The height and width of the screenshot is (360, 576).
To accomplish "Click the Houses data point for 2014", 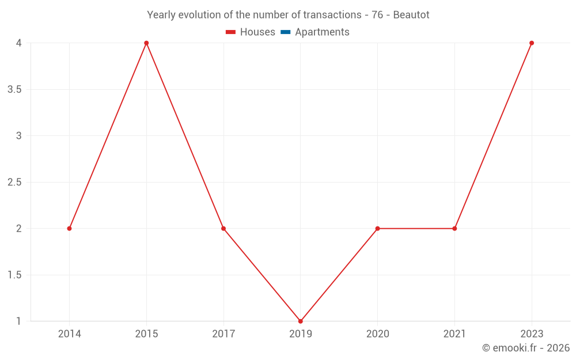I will [x=69, y=229].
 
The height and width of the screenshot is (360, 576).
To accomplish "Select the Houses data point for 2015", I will [x=146, y=43].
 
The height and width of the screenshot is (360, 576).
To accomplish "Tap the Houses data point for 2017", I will [x=223, y=229].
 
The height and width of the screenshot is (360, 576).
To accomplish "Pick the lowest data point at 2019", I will [x=301, y=321].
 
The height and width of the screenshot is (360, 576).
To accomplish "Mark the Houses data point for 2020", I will [x=377, y=229].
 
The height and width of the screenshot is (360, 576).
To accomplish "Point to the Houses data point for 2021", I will [x=454, y=229].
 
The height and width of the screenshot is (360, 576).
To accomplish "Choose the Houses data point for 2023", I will [x=532, y=43].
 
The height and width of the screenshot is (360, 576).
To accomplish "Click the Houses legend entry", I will [x=251, y=32].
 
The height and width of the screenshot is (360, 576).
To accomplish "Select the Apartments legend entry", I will [x=315, y=32].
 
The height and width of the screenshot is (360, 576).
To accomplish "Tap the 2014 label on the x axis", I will [x=69, y=334].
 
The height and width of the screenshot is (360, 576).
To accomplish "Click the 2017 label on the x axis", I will [x=223, y=334].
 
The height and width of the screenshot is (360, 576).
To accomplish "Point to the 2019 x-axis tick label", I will [x=301, y=334].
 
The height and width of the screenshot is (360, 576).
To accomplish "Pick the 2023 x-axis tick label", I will [x=532, y=334].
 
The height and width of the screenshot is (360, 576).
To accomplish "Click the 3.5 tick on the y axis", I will [x=15, y=90].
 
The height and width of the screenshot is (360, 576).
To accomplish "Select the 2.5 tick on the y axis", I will [x=15, y=183].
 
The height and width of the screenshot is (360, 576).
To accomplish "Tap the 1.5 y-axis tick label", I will [x=15, y=275].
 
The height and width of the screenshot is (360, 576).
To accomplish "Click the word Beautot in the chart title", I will [x=411, y=15].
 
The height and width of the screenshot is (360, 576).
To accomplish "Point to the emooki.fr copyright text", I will [x=526, y=348].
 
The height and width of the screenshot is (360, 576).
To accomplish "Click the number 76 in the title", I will [x=377, y=15].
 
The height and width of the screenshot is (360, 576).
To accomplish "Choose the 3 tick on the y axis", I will [x=18, y=136].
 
